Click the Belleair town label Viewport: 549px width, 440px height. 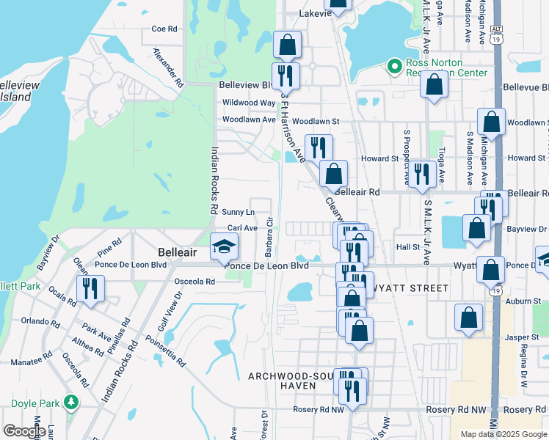[x=175, y=251]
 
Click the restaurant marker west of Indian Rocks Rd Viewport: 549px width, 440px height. [x=90, y=288]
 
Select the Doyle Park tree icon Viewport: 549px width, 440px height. [x=70, y=402]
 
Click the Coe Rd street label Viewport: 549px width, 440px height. [x=164, y=29]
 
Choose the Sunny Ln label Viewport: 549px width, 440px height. [x=238, y=212]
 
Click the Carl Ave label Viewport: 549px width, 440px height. [x=242, y=228]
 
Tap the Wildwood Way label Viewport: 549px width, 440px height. [x=249, y=103]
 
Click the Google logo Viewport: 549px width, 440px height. [x=24, y=431]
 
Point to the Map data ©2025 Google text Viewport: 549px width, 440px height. [x=503, y=434]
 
